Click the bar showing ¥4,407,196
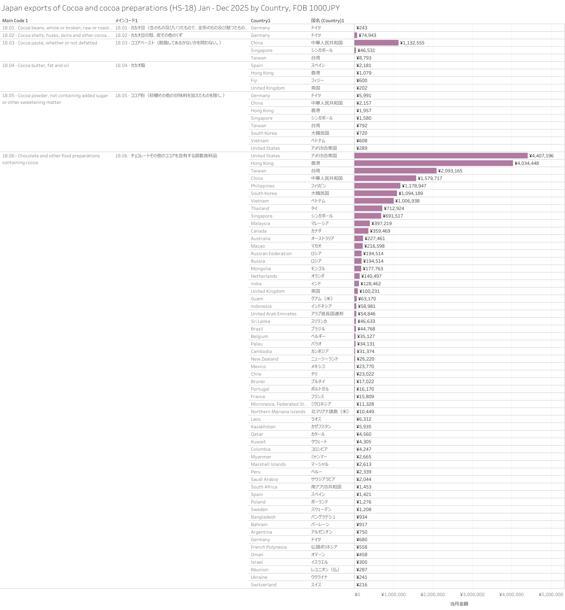[x=441, y=156]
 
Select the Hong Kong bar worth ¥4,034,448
[x=434, y=163]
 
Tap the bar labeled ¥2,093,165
[x=395, y=171]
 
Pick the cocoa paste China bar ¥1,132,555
[x=376, y=43]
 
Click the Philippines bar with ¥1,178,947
[x=377, y=186]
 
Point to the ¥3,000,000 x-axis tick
[x=472, y=595]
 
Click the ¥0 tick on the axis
[x=357, y=595]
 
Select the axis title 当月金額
[x=459, y=604]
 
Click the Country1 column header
[x=261, y=21]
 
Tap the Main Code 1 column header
[x=15, y=21]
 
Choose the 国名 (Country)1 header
[x=327, y=21]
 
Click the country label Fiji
[x=254, y=81]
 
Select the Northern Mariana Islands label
[x=278, y=412]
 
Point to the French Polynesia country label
[x=269, y=547]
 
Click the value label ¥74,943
[x=367, y=35]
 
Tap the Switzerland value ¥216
[x=362, y=585]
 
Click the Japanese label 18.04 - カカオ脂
[x=130, y=65]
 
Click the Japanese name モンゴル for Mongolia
[x=318, y=269]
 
